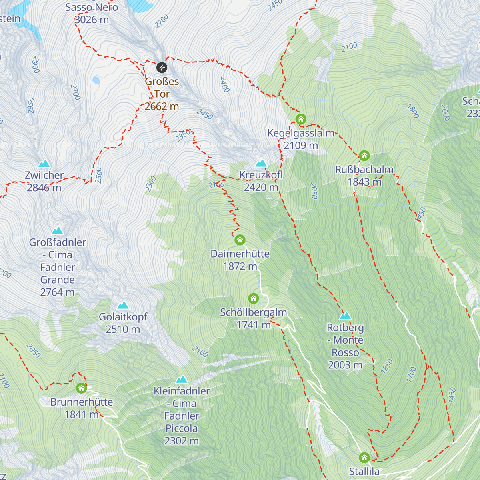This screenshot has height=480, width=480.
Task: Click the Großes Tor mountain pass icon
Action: tap(162, 67)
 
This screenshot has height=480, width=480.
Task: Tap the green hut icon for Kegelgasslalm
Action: tap(301, 119)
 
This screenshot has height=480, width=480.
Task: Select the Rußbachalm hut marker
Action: tap(364, 155)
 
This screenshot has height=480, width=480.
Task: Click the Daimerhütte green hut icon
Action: tap(240, 240)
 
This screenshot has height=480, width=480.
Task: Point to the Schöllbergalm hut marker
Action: tap(253, 298)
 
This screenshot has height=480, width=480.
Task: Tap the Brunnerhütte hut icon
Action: tap(81, 388)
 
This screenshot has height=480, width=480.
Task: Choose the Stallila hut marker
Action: tap(364, 457)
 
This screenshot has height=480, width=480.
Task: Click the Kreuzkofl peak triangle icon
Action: tap(261, 163)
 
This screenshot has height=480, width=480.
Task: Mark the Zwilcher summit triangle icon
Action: tap(44, 164)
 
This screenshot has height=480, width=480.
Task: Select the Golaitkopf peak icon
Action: tap(123, 306)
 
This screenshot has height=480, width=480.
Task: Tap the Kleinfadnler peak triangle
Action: tap(182, 379)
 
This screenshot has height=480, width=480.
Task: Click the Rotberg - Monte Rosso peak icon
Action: tap(345, 316)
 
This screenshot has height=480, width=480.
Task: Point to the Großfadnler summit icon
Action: tap(58, 231)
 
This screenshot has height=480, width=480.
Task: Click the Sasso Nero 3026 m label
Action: tap(92, 13)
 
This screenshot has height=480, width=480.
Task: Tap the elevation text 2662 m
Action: tap(162, 106)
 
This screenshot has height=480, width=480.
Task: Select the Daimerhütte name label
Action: tap(240, 254)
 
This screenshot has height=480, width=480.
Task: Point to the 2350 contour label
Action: tap(183, 136)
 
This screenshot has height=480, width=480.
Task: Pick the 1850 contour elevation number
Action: tap(387, 366)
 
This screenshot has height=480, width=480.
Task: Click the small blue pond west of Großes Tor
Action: tap(96, 80)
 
